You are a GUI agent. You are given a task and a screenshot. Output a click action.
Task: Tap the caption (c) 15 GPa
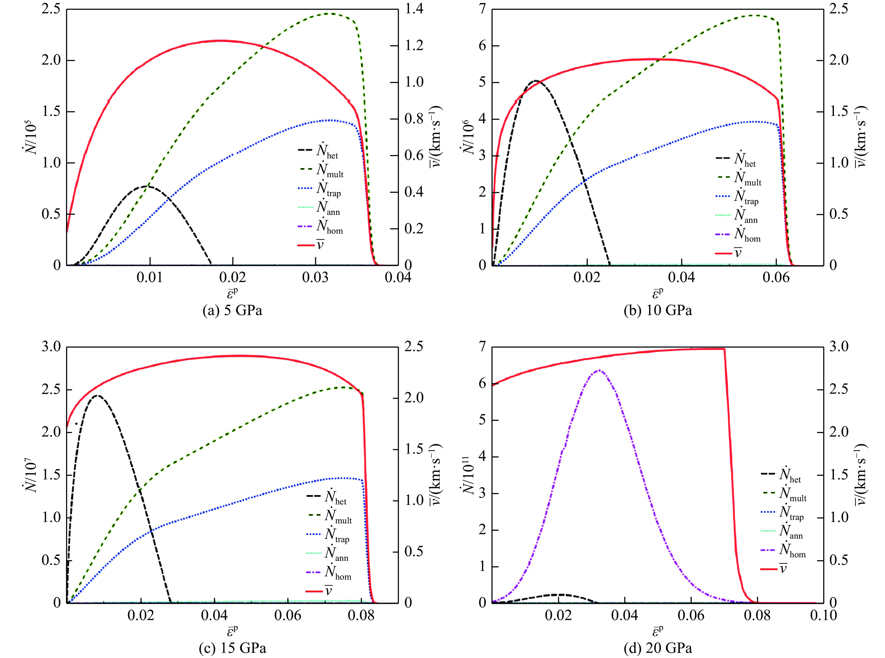tap(232, 648)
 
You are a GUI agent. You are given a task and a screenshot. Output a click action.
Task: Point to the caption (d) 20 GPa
tap(658, 648)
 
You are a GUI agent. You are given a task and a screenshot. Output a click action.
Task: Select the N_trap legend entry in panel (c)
tap(328, 535)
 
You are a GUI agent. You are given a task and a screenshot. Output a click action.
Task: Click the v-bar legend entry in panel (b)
tap(729, 253)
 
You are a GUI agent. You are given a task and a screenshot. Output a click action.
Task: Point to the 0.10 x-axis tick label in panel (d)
tap(823, 615)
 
